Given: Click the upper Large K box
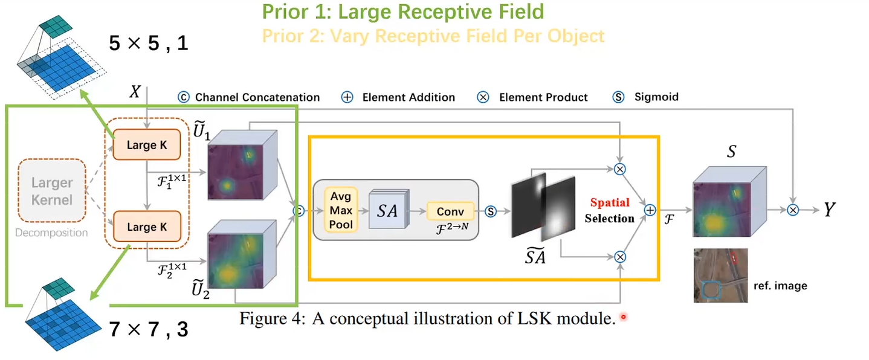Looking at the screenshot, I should tap(146, 145).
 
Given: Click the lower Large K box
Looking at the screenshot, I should tap(146, 227).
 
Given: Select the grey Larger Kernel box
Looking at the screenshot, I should tap(52, 190).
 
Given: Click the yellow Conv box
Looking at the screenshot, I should tap(450, 211).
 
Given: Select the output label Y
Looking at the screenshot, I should tap(830, 210).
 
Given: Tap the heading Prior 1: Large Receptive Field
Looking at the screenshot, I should tap(403, 11).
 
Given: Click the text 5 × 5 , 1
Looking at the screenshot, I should tap(149, 43).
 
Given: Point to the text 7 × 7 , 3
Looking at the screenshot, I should tap(149, 329).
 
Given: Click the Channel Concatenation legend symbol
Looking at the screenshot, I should tap(183, 97).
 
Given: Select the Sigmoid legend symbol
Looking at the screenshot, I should tap(618, 97).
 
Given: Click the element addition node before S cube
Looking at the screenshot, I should tap(650, 210).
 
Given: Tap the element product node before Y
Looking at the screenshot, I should tap(793, 210).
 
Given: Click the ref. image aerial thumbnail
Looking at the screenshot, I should tap(720, 275).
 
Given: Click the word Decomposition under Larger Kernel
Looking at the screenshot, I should tap(51, 233).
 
